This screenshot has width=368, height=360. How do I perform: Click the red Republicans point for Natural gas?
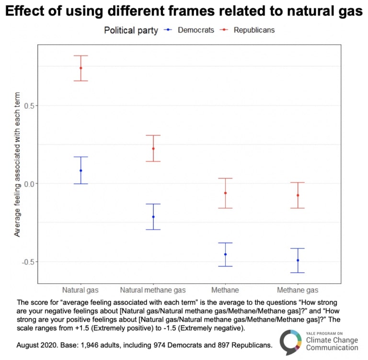(x=80, y=68)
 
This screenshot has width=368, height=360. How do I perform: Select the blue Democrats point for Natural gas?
(x=80, y=170)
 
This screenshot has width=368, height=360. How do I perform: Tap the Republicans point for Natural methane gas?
(x=153, y=149)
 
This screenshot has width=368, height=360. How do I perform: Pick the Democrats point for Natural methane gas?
(x=153, y=217)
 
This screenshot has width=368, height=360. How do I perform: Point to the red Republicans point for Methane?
(x=225, y=193)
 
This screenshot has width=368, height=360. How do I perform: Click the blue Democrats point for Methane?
(x=225, y=254)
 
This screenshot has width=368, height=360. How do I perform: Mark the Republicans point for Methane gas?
(x=298, y=195)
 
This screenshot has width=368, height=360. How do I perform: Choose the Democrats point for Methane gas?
(x=298, y=260)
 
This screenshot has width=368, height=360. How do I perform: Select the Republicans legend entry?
(x=254, y=30)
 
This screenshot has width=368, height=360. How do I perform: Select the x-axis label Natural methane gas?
(x=153, y=290)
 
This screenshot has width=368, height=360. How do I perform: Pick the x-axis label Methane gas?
(x=297, y=290)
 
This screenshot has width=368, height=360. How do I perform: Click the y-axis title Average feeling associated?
(x=17, y=164)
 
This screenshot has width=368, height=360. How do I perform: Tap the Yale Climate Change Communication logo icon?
(x=290, y=342)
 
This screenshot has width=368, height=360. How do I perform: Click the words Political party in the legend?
(x=131, y=30)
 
